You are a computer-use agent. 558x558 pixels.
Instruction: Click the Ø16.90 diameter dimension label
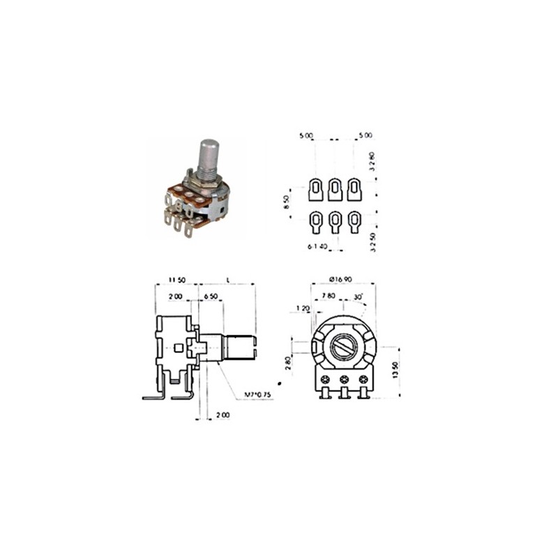[x=341, y=279]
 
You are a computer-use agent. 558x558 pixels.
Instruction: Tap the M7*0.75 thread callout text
[x=258, y=395]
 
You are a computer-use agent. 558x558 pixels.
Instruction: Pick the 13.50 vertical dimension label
[x=395, y=370]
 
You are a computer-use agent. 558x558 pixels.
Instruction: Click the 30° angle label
[x=358, y=296]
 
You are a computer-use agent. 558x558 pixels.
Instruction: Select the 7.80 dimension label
[x=327, y=296]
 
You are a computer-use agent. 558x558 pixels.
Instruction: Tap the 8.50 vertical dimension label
[x=287, y=204]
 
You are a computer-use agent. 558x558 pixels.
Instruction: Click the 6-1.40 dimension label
[x=318, y=246]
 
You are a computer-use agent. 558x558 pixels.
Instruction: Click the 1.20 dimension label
[x=303, y=308]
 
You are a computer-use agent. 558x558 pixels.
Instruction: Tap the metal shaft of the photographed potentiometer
[x=209, y=158]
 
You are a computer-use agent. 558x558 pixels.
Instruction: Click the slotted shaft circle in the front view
[x=343, y=346]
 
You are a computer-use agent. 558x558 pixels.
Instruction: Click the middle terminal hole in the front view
[x=344, y=379]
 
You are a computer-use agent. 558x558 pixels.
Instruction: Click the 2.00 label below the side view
[x=222, y=415]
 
